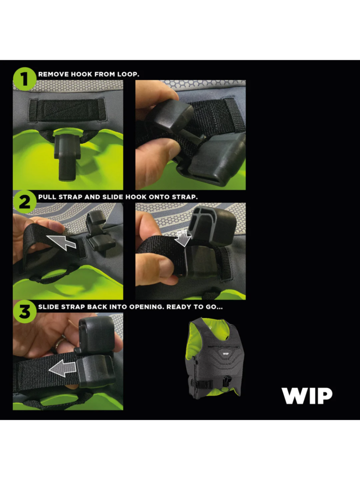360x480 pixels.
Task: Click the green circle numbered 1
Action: [25, 79]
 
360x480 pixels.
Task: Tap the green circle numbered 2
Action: [25, 202]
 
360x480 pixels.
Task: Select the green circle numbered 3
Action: [25, 312]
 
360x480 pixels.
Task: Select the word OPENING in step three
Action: [146, 307]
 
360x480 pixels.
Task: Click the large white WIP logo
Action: [307, 396]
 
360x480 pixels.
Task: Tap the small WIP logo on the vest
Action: [225, 353]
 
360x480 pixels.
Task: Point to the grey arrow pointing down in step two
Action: [183, 238]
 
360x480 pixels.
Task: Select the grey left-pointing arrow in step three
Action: [62, 368]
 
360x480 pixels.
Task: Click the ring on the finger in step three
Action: [60, 344]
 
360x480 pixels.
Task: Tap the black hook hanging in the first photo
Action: [67, 154]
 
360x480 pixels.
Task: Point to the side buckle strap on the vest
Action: [201, 384]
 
